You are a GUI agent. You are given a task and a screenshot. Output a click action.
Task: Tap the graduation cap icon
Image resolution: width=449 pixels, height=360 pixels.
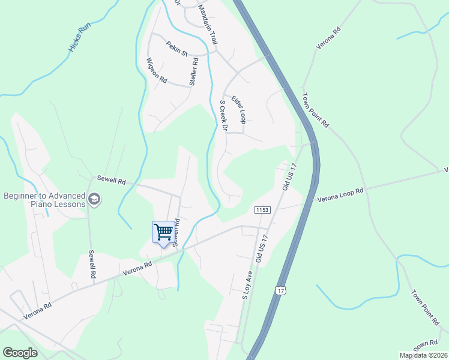point(94,198)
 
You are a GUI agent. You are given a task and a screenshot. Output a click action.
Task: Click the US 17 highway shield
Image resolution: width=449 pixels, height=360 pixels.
point(280,291)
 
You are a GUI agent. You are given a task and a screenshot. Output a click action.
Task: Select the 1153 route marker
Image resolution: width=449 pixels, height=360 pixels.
point(262,209)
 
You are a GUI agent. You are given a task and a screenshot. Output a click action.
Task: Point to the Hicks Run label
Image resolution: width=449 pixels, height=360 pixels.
point(79,38)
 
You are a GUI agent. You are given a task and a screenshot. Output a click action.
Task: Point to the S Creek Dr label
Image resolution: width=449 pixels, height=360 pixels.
point(223,116)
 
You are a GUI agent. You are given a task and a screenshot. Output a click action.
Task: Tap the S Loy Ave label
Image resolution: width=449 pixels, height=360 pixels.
point(246,284)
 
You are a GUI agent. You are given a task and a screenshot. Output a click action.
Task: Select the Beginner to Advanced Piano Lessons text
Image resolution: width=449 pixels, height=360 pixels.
point(45,200)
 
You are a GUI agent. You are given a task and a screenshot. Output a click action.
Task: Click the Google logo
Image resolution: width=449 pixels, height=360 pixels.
point(20,353)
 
